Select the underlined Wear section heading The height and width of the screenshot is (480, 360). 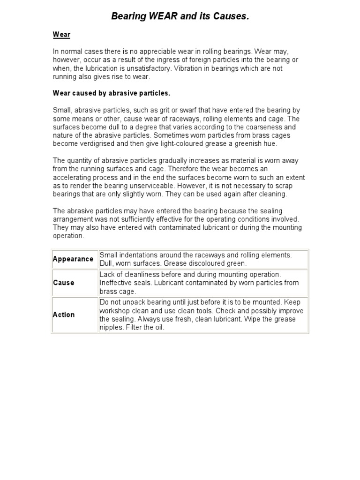(x=61, y=34)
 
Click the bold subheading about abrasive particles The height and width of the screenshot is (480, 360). (x=111, y=93)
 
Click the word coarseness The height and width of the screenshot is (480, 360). (x=252, y=127)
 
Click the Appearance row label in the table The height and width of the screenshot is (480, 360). (x=73, y=259)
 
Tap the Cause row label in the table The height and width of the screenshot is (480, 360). (x=64, y=283)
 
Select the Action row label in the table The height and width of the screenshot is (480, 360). (x=64, y=315)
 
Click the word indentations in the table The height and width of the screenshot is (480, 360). (x=140, y=255)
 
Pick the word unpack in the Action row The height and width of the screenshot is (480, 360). (x=132, y=302)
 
